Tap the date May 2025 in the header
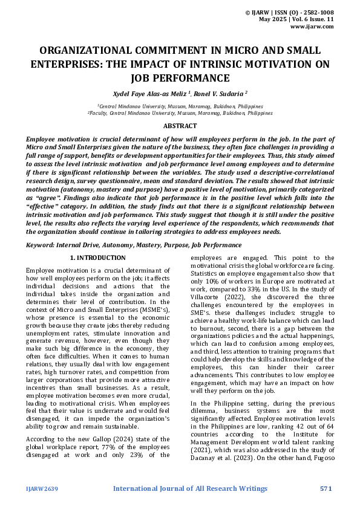point(272,19)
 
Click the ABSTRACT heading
point(180,126)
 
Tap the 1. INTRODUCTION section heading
point(98,258)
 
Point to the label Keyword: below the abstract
point(41,245)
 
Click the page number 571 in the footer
point(327,488)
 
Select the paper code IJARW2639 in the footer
point(42,488)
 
